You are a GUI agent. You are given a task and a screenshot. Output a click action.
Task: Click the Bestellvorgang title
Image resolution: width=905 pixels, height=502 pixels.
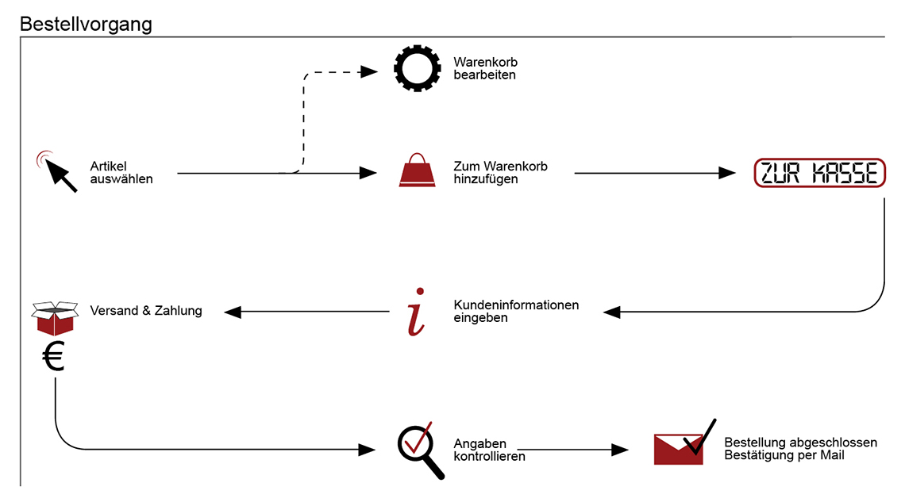pos(86,25)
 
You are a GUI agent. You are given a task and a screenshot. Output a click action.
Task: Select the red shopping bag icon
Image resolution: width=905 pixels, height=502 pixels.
pos(418,170)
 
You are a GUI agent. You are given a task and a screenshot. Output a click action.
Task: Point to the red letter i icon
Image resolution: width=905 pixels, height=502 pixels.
pos(417,312)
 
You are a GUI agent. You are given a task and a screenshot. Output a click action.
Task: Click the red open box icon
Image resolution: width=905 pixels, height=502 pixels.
pos(55,317)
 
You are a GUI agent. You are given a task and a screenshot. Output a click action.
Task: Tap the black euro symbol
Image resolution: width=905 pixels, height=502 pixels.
pos(54,355)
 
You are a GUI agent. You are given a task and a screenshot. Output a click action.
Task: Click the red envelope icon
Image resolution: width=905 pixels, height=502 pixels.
pos(678,450)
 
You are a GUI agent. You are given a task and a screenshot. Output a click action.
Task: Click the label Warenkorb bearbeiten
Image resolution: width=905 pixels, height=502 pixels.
pos(485,68)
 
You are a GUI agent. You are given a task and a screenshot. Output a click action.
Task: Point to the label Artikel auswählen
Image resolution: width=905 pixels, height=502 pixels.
pos(121,172)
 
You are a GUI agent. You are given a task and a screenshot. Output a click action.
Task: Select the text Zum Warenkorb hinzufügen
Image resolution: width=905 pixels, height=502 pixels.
pos(500,172)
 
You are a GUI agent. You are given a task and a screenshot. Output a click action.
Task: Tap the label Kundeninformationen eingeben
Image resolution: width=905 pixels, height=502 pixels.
pos(516,311)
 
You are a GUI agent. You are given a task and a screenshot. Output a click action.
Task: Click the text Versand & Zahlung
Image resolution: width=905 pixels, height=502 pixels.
pos(146,311)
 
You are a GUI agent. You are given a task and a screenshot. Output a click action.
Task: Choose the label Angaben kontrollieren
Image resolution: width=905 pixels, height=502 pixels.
pos(490,450)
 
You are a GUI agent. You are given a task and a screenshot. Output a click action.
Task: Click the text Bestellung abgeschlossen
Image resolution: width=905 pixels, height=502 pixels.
pos(800,442)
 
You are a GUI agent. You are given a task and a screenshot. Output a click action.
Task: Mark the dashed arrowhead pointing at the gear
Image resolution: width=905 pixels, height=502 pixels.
pos(369,72)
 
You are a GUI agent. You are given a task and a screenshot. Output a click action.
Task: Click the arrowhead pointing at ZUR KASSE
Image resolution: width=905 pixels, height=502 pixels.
pos(726,173)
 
